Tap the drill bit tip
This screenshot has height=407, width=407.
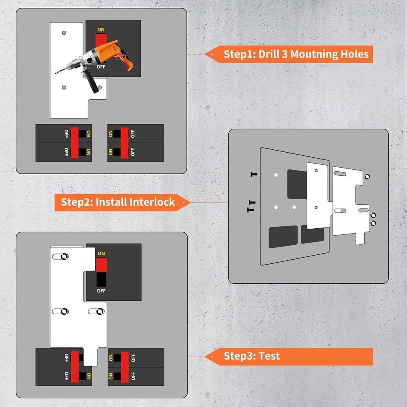click(x=55, y=73)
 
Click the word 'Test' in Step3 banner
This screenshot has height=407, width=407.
click(x=269, y=356)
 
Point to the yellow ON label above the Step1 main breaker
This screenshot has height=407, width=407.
click(x=101, y=30)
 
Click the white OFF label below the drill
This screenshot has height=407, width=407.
click(x=101, y=67)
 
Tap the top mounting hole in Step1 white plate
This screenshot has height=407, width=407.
click(x=64, y=33)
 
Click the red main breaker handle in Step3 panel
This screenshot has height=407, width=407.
click(x=101, y=265)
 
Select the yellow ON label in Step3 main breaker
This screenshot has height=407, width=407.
click(x=101, y=253)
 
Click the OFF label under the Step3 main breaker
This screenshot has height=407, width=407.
click(x=101, y=291)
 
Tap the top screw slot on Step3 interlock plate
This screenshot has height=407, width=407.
click(x=60, y=256)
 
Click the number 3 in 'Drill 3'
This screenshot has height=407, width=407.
click(x=285, y=54)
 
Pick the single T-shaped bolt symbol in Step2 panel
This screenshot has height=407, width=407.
click(x=254, y=174)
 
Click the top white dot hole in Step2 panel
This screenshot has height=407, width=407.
click(x=276, y=175)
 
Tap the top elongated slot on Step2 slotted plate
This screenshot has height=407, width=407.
click(x=340, y=173)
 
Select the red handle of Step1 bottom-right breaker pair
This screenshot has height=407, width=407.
click(x=124, y=143)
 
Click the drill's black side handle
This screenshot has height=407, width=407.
click(x=91, y=81)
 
